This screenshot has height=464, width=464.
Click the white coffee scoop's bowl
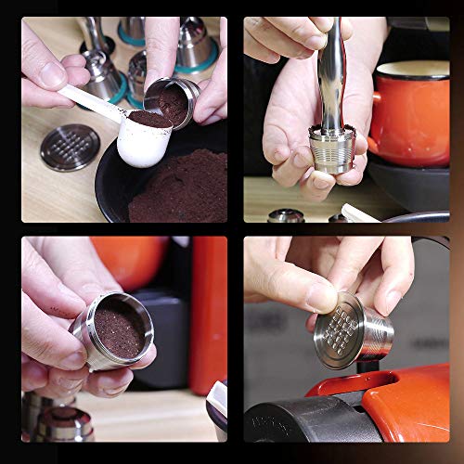tap(144, 144)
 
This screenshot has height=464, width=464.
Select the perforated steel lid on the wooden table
tap(70, 148)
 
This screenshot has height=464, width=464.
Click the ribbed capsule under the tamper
tap(332, 148)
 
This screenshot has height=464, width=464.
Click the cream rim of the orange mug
tap(413, 69)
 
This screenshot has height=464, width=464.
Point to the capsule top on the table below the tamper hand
tap(286, 215)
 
